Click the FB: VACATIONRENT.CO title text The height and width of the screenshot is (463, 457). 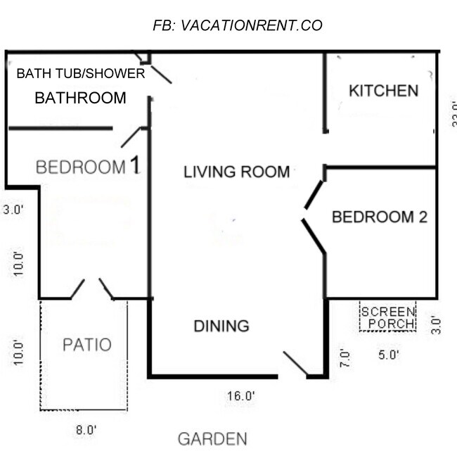pos(238,26)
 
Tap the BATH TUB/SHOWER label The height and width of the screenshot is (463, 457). pos(81,73)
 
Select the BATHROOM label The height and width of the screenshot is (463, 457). pos(81,98)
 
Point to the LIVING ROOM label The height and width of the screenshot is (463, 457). pos(236,172)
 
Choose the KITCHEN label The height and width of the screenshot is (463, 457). pos(384,91)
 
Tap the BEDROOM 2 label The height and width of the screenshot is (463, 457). pos(380,217)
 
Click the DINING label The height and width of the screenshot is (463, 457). pos(221,326)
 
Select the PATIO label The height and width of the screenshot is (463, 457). pos(86,345)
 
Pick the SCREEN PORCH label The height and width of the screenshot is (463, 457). pos(387,317)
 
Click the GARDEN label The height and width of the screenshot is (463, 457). pos(212,440)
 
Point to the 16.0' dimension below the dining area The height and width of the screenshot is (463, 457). pos(240,397)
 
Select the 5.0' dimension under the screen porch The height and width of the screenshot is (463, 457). pos(389,355)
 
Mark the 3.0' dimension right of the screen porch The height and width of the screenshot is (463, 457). pos(436,325)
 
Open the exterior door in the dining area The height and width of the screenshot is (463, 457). pos(295,364)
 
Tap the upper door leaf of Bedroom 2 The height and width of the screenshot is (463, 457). pos(314,195)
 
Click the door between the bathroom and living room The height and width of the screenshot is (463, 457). pos(160,72)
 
